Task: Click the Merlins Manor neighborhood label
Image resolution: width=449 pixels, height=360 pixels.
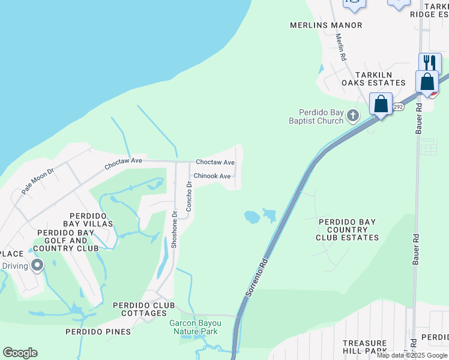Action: pyautogui.click(x=326, y=25)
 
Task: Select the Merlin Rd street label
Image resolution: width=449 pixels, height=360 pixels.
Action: pyautogui.click(x=342, y=46)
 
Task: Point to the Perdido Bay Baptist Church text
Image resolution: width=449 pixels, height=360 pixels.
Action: pyautogui.click(x=322, y=116)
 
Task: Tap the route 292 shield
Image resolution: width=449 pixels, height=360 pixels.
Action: pyautogui.click(x=399, y=107)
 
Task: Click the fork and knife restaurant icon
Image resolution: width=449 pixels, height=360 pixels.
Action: pyautogui.click(x=429, y=62)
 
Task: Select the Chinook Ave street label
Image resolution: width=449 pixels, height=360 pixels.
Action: pyautogui.click(x=212, y=176)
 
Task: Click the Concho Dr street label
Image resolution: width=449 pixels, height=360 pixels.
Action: pyautogui.click(x=189, y=197)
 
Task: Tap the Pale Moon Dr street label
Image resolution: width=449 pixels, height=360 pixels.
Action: pyautogui.click(x=38, y=181)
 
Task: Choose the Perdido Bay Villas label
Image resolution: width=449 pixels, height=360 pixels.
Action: pyautogui.click(x=91, y=220)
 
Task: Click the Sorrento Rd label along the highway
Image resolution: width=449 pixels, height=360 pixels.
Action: pyautogui.click(x=256, y=278)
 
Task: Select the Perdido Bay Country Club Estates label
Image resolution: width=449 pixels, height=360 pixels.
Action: pyautogui.click(x=348, y=230)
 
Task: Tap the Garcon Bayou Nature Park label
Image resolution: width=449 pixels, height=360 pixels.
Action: pyautogui.click(x=194, y=327)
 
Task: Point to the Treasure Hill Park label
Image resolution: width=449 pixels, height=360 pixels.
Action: pyautogui.click(x=365, y=347)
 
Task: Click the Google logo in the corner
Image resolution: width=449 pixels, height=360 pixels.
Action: pyautogui.click(x=20, y=353)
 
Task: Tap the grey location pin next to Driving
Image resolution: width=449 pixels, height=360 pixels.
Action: pyautogui.click(x=37, y=265)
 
